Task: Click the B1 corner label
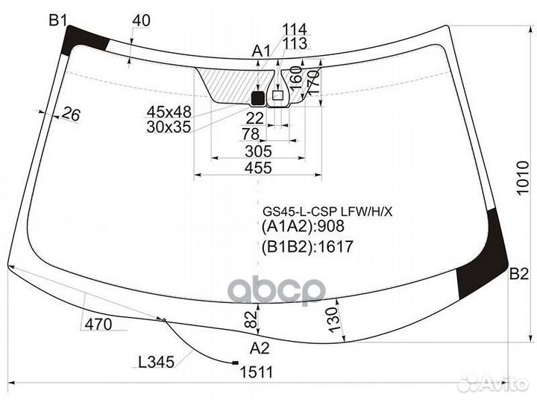point(59,20)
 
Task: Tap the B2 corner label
point(519,274)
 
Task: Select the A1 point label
point(260,51)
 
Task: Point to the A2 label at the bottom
point(259,348)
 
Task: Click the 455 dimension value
point(258,168)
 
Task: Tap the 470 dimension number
point(98,324)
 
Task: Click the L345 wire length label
point(156,363)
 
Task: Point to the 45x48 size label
point(169,112)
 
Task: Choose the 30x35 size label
point(169,127)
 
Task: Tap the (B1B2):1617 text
point(307,246)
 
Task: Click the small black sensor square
point(258,97)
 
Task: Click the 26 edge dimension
point(71,114)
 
